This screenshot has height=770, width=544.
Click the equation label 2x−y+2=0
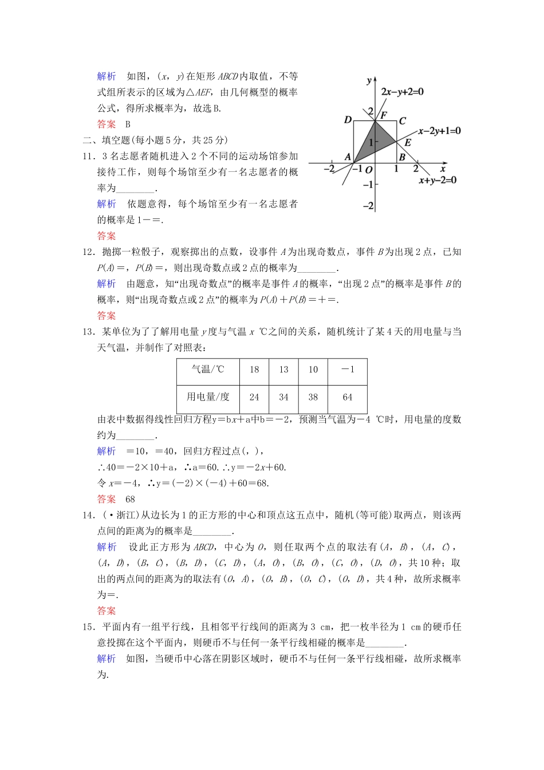[x=402, y=92]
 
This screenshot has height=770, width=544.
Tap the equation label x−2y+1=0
[x=439, y=131]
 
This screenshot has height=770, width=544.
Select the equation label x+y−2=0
[x=437, y=180]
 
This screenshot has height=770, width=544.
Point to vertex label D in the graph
[x=347, y=120]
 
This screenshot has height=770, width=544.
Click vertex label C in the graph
[x=402, y=121]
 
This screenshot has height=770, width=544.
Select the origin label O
[x=369, y=170]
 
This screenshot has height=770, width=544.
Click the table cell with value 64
[x=348, y=397]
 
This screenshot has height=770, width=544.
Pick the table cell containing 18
[x=254, y=370]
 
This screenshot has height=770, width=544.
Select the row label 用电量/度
[x=208, y=397]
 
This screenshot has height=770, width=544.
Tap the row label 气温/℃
[x=208, y=370]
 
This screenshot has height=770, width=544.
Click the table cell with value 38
[x=313, y=397]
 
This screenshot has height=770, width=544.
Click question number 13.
[x=88, y=332]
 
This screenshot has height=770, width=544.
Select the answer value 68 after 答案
[x=130, y=499]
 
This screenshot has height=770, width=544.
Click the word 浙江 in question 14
[x=125, y=515]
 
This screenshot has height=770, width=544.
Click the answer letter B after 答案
[x=128, y=124]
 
